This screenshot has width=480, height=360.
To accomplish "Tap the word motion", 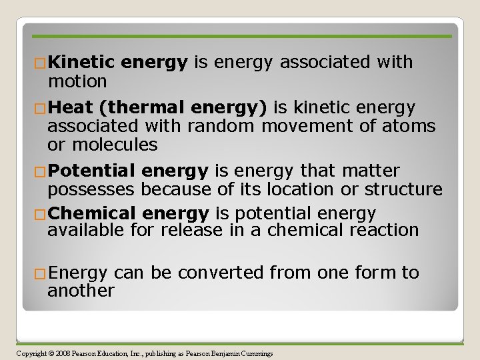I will pyautogui.click(x=77, y=81).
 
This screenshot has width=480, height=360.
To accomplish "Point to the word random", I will pyautogui.click(x=223, y=126).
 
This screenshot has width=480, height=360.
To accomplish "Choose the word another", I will pyautogui.click(x=81, y=291).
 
